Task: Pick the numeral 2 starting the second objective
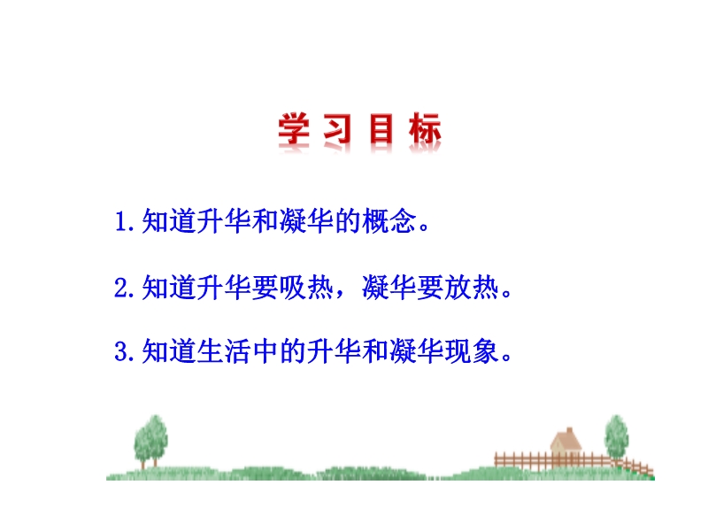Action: (121, 288)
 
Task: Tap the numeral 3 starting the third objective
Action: (121, 351)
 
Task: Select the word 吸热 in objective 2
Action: (306, 287)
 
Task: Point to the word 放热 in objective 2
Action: (472, 287)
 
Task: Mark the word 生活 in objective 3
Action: (224, 350)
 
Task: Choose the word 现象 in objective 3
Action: (472, 350)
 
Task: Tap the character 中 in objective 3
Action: (265, 350)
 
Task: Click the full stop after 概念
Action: (424, 227)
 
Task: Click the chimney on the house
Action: (569, 430)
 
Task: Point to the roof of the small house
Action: (566, 439)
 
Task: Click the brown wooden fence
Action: (573, 461)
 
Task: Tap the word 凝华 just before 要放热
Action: (389, 287)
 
